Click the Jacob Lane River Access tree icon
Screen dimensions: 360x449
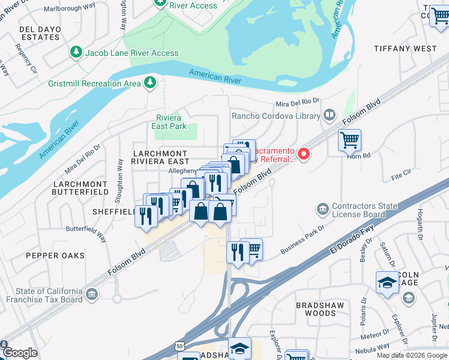76,53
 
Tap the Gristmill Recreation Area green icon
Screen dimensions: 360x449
151,83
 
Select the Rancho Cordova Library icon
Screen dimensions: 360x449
329,115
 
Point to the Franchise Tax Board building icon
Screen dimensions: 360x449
91,294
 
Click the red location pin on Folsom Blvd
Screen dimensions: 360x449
304,154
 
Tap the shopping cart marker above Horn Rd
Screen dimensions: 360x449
349,141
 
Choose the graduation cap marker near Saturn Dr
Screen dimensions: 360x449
387,283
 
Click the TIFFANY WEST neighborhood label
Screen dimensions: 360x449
405,48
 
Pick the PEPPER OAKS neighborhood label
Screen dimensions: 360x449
55,256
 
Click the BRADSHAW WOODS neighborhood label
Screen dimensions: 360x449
325,309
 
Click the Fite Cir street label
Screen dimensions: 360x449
401,175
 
